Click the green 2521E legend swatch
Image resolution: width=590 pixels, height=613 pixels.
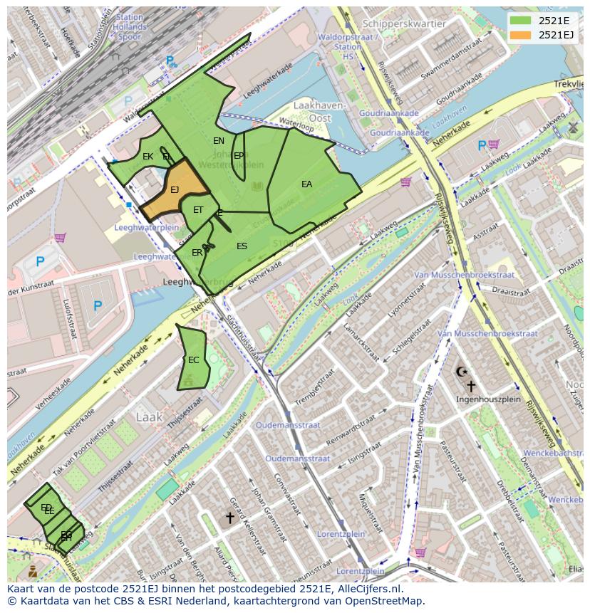520,21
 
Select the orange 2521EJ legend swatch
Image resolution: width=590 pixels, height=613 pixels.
520,35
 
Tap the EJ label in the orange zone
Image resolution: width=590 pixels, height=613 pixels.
175,190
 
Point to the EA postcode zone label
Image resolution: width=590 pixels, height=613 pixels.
306,184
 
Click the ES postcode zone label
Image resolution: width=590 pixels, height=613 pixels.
242,246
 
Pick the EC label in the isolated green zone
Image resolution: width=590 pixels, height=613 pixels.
193,360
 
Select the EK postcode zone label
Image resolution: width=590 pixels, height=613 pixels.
147,157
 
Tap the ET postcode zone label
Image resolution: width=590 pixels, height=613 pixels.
198,210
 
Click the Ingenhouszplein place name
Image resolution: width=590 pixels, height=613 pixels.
487,399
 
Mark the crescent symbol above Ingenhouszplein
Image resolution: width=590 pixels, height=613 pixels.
461,372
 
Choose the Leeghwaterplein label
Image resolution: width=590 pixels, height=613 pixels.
146,229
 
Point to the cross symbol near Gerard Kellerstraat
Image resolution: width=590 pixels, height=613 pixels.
229,518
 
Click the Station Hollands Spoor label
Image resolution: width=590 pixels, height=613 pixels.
130,27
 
